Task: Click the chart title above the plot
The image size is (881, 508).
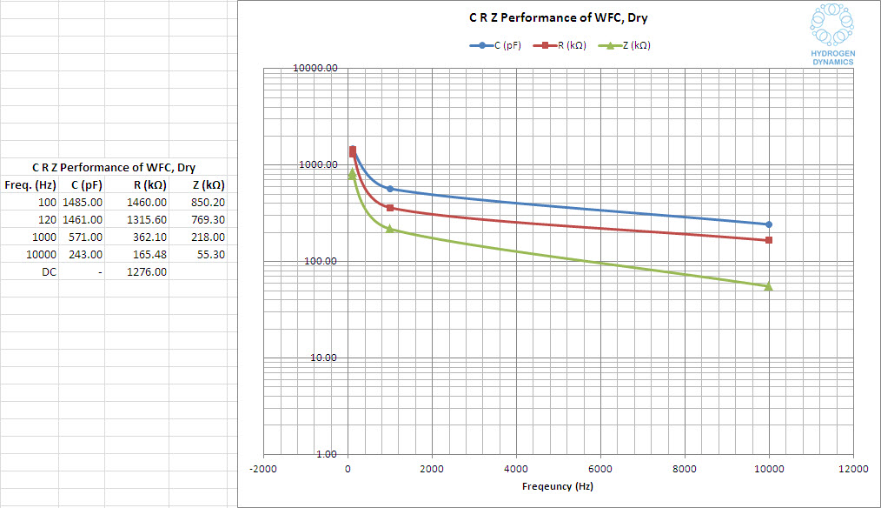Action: click(x=553, y=18)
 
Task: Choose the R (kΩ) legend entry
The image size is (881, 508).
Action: click(x=562, y=45)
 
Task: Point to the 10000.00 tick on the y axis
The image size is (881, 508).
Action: click(x=315, y=68)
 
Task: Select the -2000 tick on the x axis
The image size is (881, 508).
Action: click(x=262, y=469)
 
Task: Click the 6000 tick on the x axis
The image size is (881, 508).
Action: click(x=600, y=469)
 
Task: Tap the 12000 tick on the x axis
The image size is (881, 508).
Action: click(x=853, y=469)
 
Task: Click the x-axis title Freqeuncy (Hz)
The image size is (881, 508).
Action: click(x=558, y=486)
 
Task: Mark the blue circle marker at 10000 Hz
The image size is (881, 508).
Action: click(x=769, y=224)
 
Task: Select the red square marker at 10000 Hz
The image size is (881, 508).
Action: click(x=769, y=240)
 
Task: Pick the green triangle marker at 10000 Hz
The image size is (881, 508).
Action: click(x=769, y=286)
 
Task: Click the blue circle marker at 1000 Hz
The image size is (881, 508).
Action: click(x=390, y=189)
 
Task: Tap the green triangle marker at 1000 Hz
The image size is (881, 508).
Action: click(x=390, y=229)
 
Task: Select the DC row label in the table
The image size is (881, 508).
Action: click(x=49, y=271)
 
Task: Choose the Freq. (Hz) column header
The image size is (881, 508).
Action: click(x=30, y=184)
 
